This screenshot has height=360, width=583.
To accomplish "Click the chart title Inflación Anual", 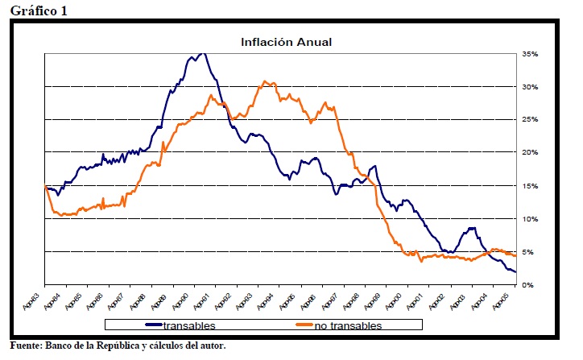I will (287, 41).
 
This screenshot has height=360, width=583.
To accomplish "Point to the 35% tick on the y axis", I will (529, 54).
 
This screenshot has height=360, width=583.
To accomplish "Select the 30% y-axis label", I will (529, 87).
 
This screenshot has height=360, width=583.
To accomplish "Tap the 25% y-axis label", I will (529, 120).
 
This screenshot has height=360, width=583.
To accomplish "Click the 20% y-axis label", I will (529, 153).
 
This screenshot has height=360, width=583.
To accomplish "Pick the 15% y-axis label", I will (529, 186).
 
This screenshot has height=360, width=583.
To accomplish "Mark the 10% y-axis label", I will (529, 219).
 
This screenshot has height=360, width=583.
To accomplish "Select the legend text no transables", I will (349, 325).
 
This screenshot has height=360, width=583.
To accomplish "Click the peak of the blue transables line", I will (201, 53).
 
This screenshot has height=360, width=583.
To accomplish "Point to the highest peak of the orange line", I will (266, 82).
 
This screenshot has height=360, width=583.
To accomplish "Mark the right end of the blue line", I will (516, 272).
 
